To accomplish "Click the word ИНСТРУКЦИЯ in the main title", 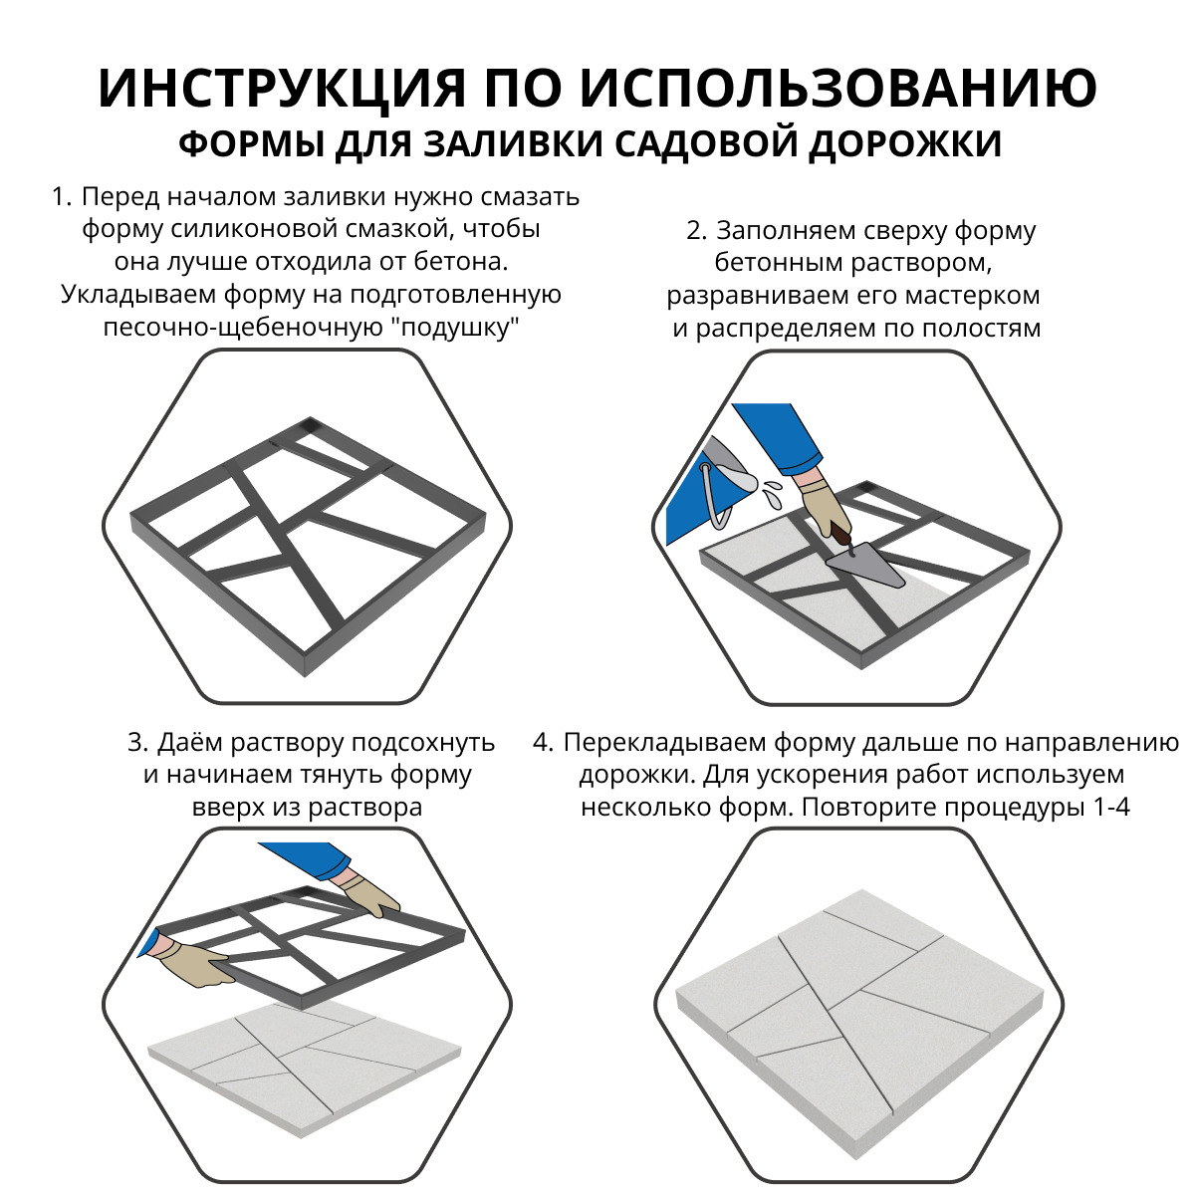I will coord(282,89).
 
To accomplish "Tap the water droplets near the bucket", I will coord(769,489).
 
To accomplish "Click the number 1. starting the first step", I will coord(62,197).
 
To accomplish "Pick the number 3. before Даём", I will coord(138,743).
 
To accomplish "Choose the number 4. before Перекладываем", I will coord(543,743).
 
